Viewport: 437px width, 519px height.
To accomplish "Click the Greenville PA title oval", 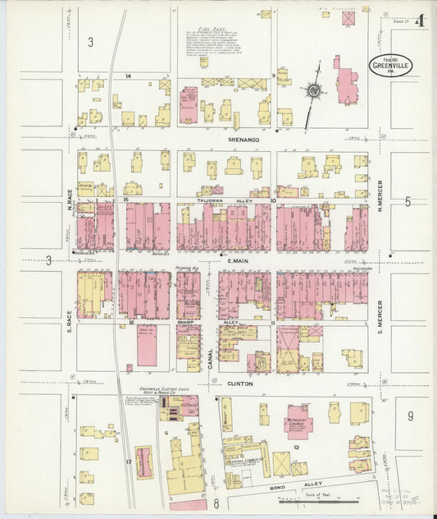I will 390,67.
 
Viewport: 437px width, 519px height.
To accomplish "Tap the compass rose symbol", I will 313,91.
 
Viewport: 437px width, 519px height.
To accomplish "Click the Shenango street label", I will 244,140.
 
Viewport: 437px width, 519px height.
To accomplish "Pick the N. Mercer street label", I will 380,195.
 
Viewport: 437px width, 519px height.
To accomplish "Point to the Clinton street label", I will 239,383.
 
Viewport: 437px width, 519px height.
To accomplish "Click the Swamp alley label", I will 186,322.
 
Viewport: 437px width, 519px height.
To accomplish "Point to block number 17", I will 129,462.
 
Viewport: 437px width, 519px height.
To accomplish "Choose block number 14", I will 128,76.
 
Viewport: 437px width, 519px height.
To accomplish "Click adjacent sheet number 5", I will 407,200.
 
